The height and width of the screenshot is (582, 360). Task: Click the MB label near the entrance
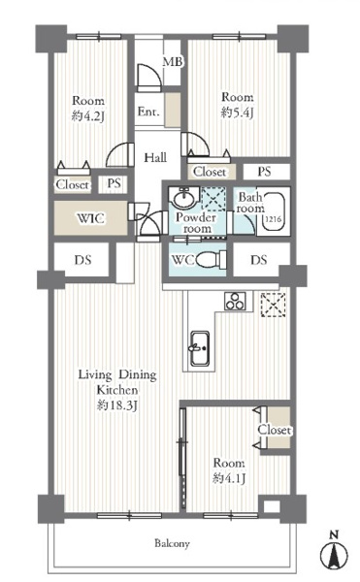[173, 62]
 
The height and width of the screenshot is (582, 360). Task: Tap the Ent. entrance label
[148, 111]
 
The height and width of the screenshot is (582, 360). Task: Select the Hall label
[155, 157]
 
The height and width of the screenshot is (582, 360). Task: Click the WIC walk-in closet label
[90, 218]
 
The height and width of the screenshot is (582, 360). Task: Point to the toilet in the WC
[212, 259]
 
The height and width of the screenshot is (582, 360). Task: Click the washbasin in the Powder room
[183, 199]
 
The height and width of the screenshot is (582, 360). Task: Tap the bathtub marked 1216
[274, 212]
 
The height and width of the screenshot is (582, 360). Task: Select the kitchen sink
[200, 348]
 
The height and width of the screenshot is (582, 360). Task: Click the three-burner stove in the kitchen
[235, 301]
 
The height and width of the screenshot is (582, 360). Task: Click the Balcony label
[172, 544]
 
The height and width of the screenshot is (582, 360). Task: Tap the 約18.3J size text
[117, 405]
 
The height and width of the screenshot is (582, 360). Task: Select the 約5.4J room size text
[237, 113]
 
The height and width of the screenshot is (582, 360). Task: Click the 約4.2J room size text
[88, 116]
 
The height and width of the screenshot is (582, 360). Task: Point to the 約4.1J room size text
[229, 478]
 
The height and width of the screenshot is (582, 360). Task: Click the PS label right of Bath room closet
[264, 172]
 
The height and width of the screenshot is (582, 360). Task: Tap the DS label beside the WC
[259, 259]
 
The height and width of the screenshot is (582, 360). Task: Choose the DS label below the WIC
[82, 259]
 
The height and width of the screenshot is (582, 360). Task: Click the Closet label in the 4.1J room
[275, 430]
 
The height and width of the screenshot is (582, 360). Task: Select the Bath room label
[251, 203]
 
